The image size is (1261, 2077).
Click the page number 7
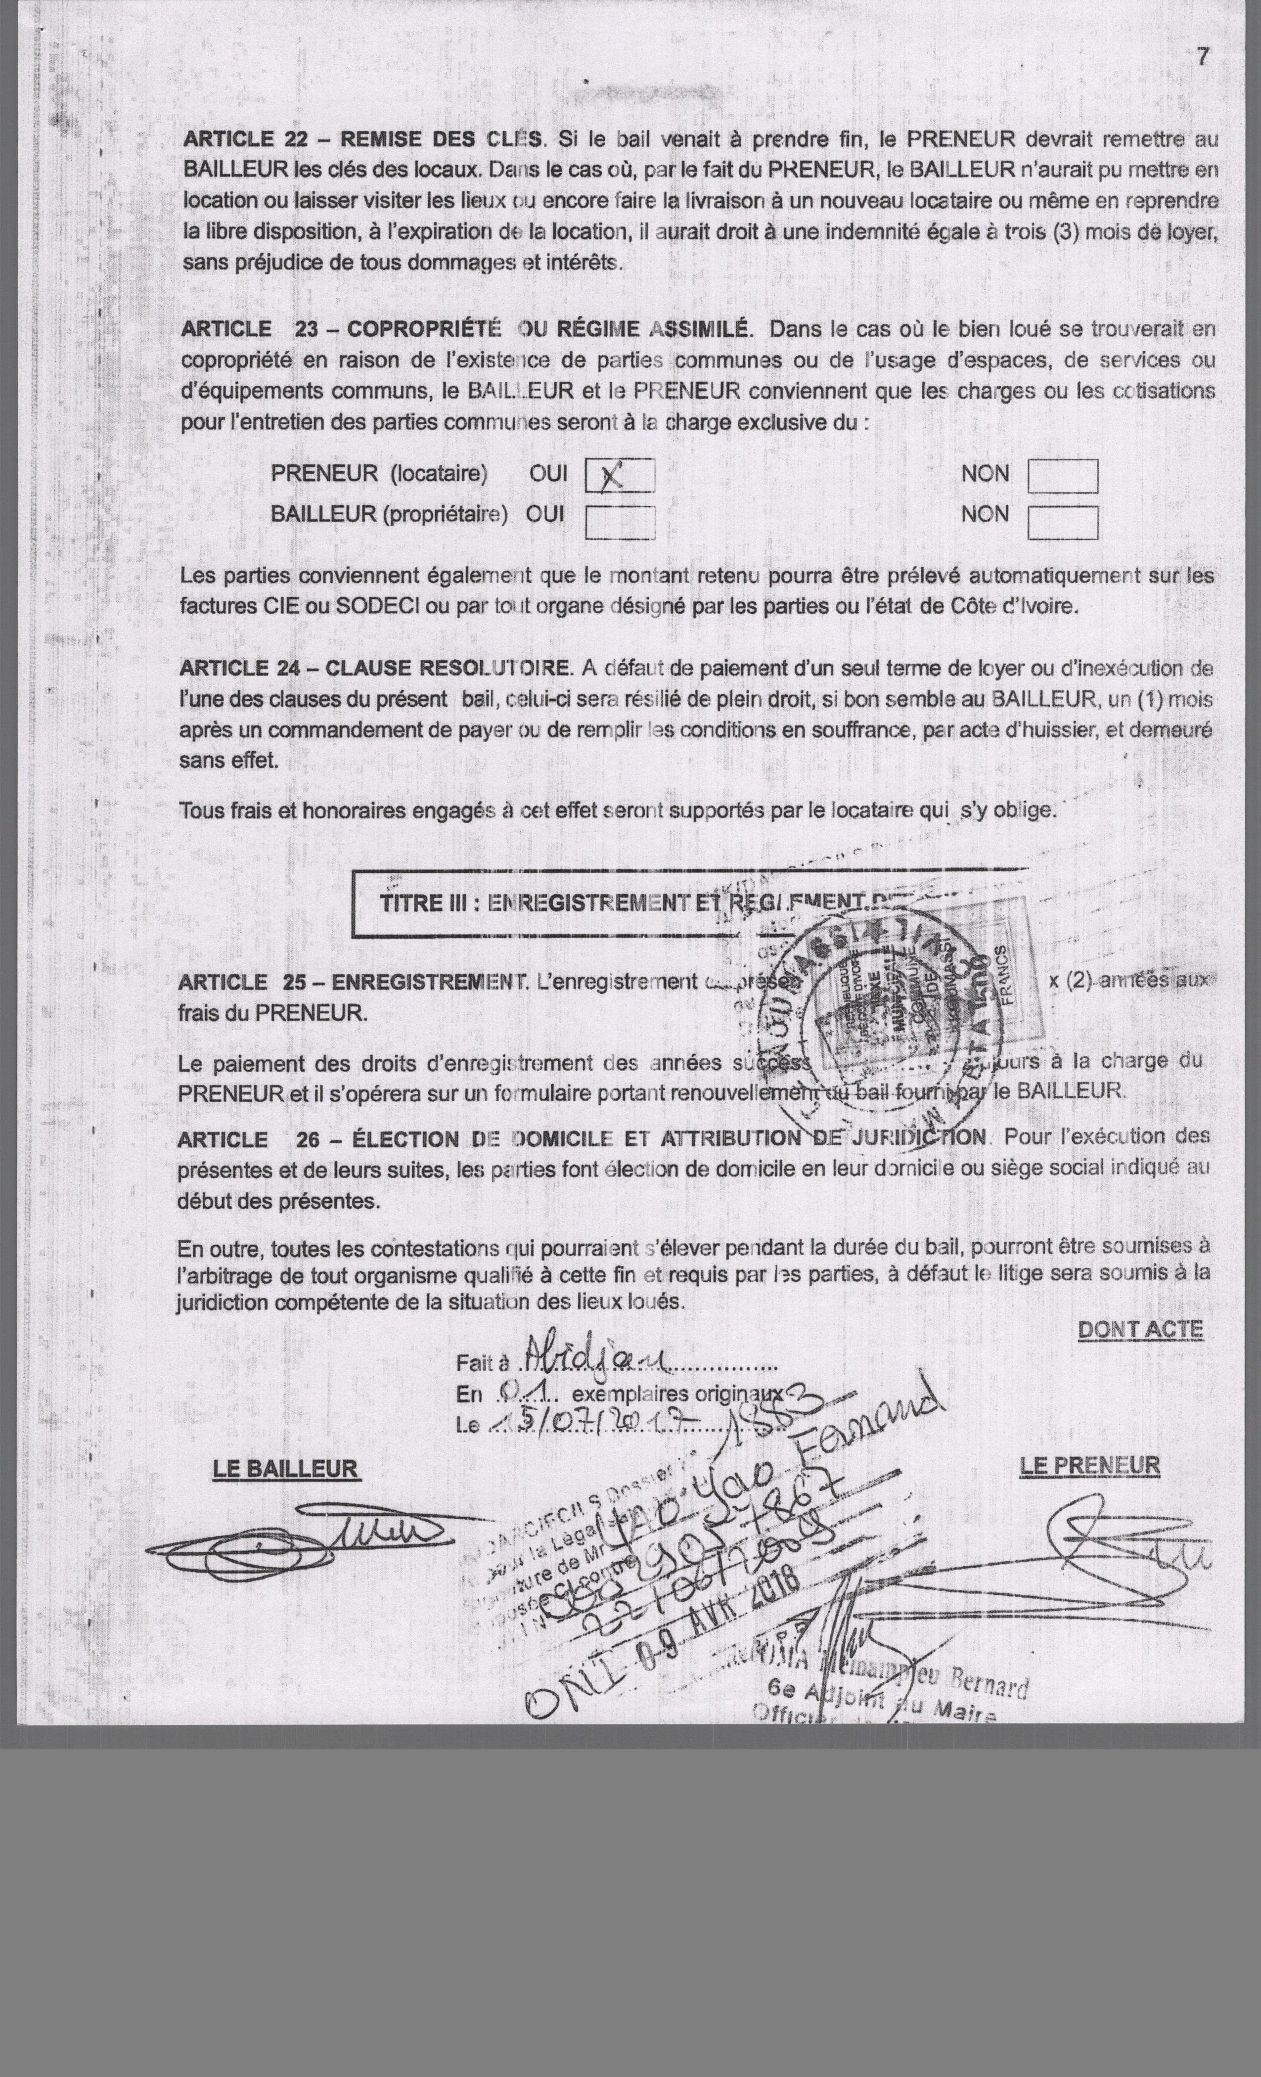(x=1203, y=57)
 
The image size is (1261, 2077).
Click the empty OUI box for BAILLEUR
(x=620, y=522)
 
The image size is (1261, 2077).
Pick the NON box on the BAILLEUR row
(x=1062, y=522)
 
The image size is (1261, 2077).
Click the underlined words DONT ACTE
(x=1140, y=1329)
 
